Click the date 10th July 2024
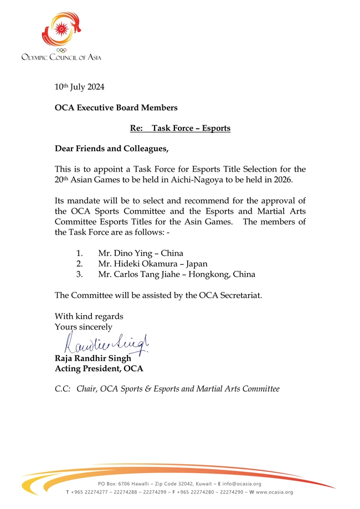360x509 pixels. point(79,87)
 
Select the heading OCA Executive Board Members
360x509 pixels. point(116,107)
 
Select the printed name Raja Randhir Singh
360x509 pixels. point(92,358)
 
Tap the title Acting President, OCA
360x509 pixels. point(99,369)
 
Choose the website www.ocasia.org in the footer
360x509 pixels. point(271,492)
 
